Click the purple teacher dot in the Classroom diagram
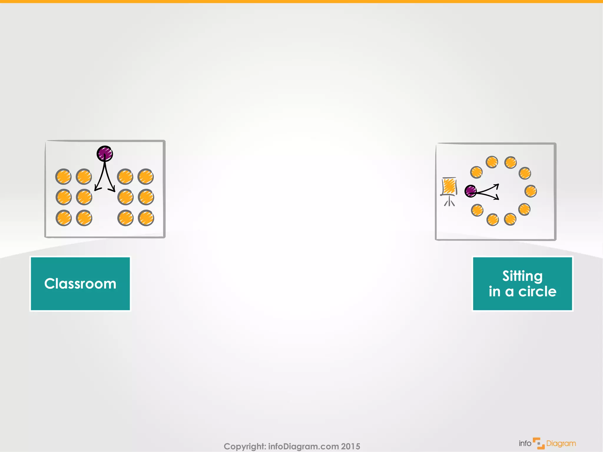tap(105, 154)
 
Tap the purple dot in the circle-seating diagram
tap(471, 191)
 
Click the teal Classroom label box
tap(80, 284)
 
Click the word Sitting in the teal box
tap(522, 276)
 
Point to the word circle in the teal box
tap(537, 292)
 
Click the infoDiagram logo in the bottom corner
tap(547, 443)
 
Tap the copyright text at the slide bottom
tap(291, 446)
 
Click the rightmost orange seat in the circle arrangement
tap(531, 191)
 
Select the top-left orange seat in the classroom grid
tap(63, 177)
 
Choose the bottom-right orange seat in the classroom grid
tap(146, 218)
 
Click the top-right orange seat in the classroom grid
tap(146, 177)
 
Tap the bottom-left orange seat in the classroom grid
tap(64, 218)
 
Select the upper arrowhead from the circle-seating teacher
tap(497, 186)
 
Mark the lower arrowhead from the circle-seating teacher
tap(497, 198)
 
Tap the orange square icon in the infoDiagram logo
tap(539, 443)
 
